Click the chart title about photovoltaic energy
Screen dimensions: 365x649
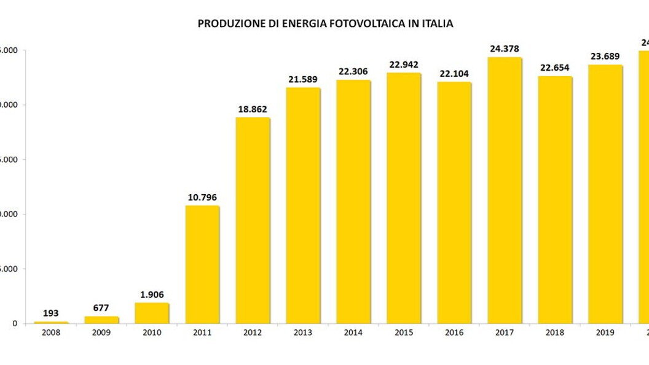point(325,24)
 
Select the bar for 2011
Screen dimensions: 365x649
point(202,264)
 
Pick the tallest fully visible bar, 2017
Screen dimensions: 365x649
point(505,190)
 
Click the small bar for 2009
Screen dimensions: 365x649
point(101,320)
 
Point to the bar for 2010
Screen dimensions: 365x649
point(152,313)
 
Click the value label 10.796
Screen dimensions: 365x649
point(202,197)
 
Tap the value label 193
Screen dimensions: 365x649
point(51,313)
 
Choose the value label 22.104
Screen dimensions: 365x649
point(454,74)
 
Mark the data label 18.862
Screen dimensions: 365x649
point(253,109)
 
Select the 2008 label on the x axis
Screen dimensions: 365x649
point(51,332)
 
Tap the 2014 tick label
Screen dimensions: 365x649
point(353,332)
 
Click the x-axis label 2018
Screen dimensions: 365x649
point(555,332)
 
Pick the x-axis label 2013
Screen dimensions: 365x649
point(303,332)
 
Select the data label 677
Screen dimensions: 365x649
point(101,308)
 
